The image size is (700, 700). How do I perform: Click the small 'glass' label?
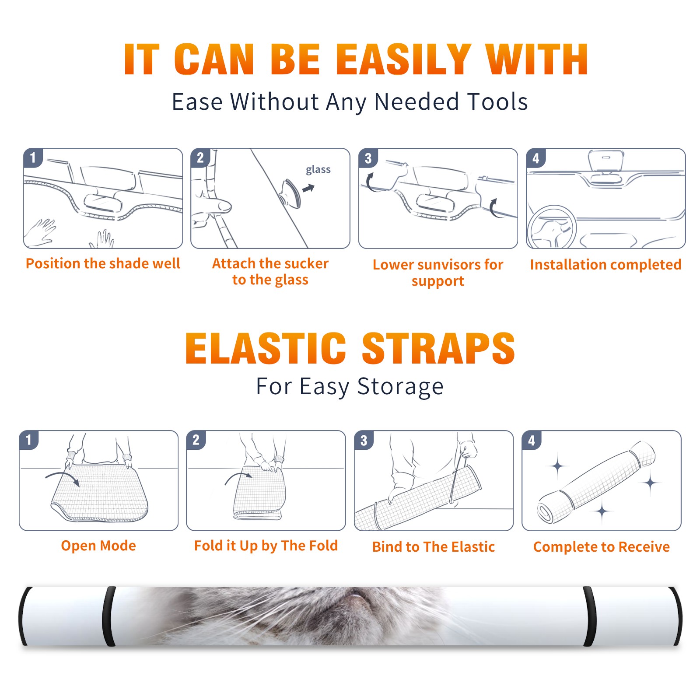tap(318, 170)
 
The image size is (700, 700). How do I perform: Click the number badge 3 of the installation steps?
tap(368, 158)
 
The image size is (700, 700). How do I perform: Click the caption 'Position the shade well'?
tap(103, 263)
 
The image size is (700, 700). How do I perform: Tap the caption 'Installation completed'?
tap(605, 265)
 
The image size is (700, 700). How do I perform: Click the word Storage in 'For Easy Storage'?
tap(400, 387)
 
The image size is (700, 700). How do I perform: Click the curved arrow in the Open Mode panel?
tap(63, 478)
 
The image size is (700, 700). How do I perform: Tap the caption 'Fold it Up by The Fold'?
tap(266, 546)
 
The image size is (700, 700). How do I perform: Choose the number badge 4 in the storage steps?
tap(532, 440)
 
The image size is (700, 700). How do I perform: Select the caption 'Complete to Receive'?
tap(602, 547)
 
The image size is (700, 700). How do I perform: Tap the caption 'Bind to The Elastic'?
tap(434, 547)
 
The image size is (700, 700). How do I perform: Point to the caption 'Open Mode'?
tap(98, 546)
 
